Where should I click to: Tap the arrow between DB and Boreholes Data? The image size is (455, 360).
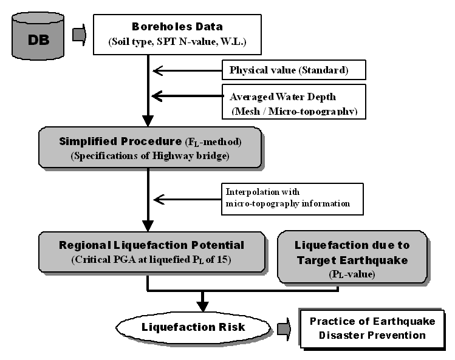click(x=80, y=35)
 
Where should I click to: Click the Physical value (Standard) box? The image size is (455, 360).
click(x=294, y=70)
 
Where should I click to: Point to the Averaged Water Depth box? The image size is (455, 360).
click(x=294, y=101)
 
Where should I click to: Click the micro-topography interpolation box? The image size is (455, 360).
click(x=291, y=199)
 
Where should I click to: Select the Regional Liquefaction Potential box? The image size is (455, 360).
click(x=152, y=251)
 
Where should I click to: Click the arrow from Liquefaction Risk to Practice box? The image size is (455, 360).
click(x=284, y=328)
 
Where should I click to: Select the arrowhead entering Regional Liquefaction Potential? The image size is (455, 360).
click(x=147, y=225)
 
